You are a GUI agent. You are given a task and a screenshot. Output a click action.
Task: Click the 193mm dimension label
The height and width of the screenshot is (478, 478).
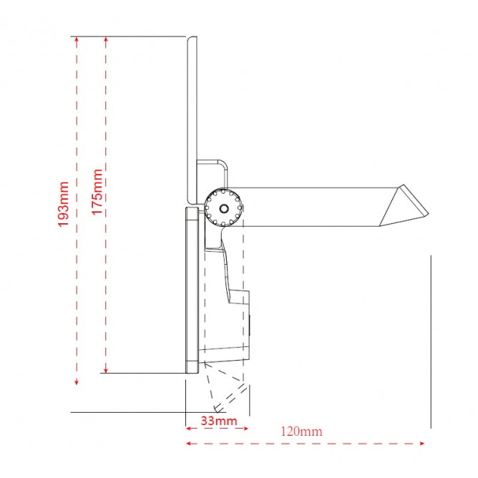64,204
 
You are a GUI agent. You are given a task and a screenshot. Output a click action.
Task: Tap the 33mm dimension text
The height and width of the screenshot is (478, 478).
217,420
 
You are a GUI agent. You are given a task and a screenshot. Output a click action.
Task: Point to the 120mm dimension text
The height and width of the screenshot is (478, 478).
302,431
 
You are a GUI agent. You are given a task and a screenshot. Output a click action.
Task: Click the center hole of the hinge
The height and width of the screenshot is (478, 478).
224,208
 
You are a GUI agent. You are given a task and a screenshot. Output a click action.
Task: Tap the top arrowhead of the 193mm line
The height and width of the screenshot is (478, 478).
76,39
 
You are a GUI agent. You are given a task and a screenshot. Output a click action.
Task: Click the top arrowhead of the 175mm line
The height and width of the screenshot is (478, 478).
106,39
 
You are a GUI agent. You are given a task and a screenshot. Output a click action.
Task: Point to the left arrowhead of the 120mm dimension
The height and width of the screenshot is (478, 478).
188,443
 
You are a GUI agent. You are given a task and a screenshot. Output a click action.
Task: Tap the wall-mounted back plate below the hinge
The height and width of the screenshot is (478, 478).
191,290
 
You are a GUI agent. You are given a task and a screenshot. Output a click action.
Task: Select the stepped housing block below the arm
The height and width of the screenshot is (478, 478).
230,322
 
